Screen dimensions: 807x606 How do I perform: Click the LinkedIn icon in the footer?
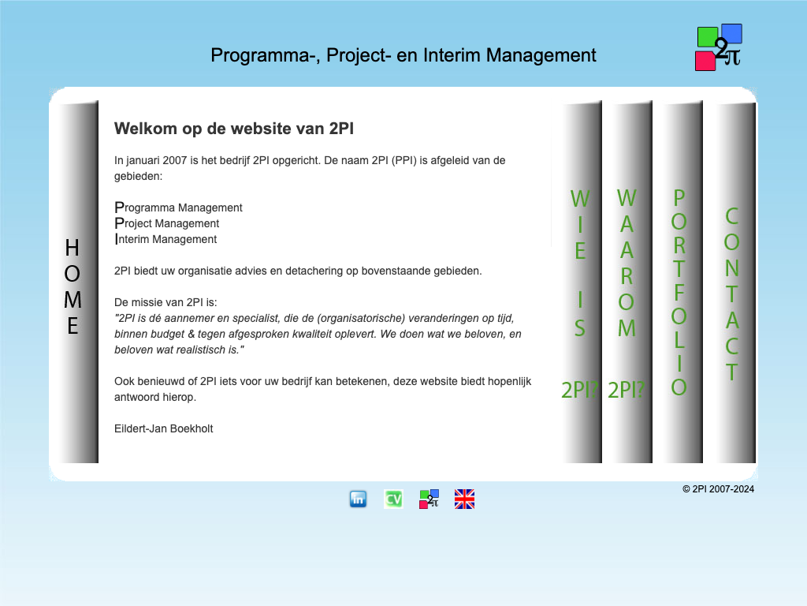(x=359, y=499)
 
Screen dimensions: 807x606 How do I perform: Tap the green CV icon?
(x=394, y=499)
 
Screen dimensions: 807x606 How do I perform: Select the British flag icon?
(x=464, y=499)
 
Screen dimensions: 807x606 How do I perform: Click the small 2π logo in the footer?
(x=429, y=499)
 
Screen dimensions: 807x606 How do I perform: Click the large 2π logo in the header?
(x=719, y=47)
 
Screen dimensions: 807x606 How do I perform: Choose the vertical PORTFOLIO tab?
(x=680, y=282)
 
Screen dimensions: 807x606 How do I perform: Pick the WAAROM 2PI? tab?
(x=627, y=282)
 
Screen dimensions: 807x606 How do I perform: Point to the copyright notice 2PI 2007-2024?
(x=718, y=489)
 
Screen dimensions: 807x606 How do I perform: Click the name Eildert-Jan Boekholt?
(x=164, y=428)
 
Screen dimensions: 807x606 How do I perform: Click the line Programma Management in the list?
(x=178, y=208)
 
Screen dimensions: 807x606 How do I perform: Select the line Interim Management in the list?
(x=165, y=239)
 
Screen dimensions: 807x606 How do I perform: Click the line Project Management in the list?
(x=167, y=223)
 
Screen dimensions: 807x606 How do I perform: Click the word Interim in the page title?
(x=452, y=55)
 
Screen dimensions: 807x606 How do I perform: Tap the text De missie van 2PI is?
(x=165, y=302)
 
